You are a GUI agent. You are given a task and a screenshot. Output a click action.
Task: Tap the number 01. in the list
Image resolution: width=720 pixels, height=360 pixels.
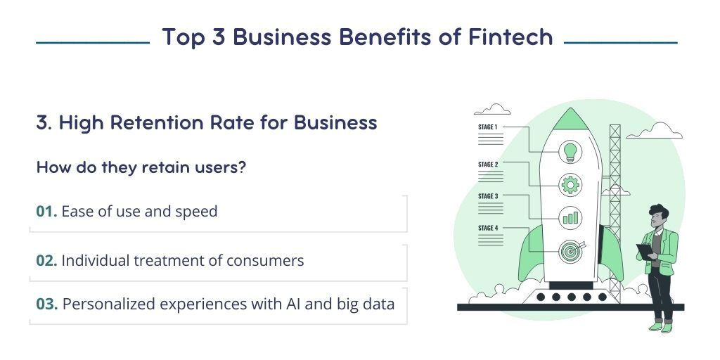click(x=46, y=211)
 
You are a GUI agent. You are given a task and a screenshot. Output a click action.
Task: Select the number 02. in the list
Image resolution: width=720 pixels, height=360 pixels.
click(x=46, y=260)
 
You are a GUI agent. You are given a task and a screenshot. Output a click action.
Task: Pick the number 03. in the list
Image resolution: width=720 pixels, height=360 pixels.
click(x=47, y=304)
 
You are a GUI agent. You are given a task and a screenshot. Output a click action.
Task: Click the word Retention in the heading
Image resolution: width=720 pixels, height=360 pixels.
click(x=155, y=123)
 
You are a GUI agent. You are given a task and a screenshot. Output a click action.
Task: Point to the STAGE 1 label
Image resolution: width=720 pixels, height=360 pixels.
click(x=488, y=127)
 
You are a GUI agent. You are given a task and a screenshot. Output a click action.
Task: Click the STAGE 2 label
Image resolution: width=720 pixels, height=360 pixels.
click(x=488, y=165)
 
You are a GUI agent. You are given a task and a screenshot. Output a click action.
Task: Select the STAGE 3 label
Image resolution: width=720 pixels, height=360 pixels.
click(x=488, y=196)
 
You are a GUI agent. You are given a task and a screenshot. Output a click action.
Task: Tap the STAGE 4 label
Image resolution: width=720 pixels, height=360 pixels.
click(x=488, y=228)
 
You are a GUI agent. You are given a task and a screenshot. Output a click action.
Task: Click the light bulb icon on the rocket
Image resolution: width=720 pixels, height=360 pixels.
click(x=570, y=150)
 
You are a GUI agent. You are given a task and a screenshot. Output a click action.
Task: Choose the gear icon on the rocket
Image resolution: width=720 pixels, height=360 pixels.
click(x=570, y=185)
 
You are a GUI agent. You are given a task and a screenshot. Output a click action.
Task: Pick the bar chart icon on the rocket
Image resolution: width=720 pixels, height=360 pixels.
click(x=570, y=217)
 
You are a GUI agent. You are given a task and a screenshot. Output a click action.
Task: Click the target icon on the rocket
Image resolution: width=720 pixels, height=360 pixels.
click(x=570, y=250)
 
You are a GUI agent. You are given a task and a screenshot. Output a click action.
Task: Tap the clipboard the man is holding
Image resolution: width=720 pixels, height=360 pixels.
click(x=644, y=252)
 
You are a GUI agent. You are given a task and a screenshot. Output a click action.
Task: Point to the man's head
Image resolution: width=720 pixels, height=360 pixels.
click(x=658, y=216)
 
